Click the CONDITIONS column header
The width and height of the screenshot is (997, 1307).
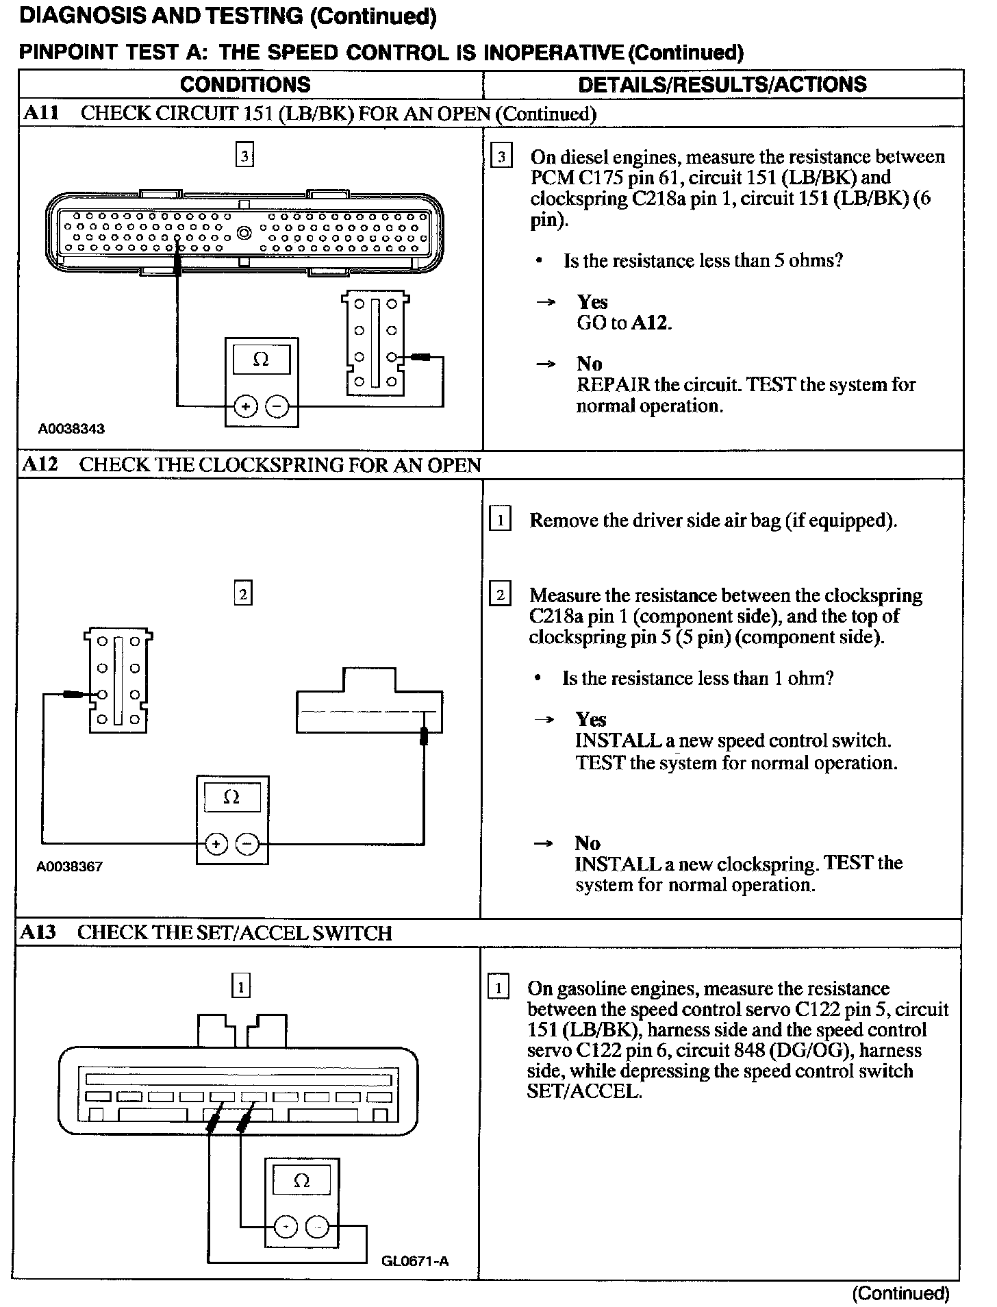pyautogui.click(x=245, y=85)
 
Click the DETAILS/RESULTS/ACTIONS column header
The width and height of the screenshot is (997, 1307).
pyautogui.click(x=722, y=85)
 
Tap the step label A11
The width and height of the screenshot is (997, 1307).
pyautogui.click(x=41, y=113)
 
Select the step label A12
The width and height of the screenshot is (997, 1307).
pyautogui.click(x=40, y=464)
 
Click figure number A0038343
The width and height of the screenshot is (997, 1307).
pyautogui.click(x=71, y=429)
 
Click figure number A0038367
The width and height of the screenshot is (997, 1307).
pyautogui.click(x=70, y=866)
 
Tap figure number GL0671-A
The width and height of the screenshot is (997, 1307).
pyautogui.click(x=416, y=1261)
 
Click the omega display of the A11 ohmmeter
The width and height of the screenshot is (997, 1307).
pyautogui.click(x=261, y=359)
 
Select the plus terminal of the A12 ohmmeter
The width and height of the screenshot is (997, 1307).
pyautogui.click(x=216, y=844)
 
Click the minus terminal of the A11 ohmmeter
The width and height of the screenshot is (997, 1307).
pyautogui.click(x=277, y=406)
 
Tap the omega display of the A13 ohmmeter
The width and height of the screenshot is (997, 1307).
pyautogui.click(x=301, y=1180)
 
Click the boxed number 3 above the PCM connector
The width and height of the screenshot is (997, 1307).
pyautogui.click(x=244, y=156)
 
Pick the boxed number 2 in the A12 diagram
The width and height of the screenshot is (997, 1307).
pyautogui.click(x=243, y=593)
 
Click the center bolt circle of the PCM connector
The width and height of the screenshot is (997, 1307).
pyautogui.click(x=244, y=233)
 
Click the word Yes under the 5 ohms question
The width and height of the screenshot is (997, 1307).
pyautogui.click(x=592, y=302)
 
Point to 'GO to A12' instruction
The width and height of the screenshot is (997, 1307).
pyautogui.click(x=624, y=323)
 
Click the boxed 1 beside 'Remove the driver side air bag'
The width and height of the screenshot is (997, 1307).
pyautogui.click(x=500, y=521)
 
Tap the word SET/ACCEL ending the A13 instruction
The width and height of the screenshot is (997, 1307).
pyautogui.click(x=584, y=1091)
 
